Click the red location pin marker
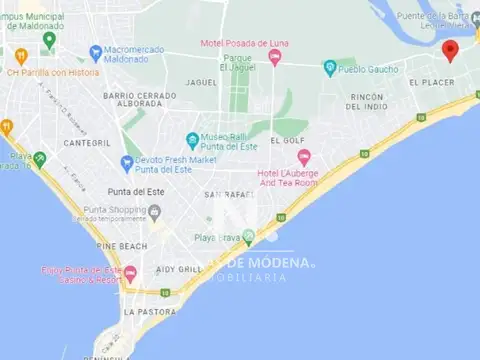coord(450,50)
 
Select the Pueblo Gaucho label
coord(369,69)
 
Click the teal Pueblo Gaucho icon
coord(330,69)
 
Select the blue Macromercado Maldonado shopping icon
coord(95,51)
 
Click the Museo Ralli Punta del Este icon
coord(192,139)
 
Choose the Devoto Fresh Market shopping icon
coord(127,162)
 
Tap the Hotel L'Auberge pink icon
coord(304,157)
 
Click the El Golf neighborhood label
coord(288,141)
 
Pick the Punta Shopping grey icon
coord(153,212)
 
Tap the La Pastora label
coord(143,312)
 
